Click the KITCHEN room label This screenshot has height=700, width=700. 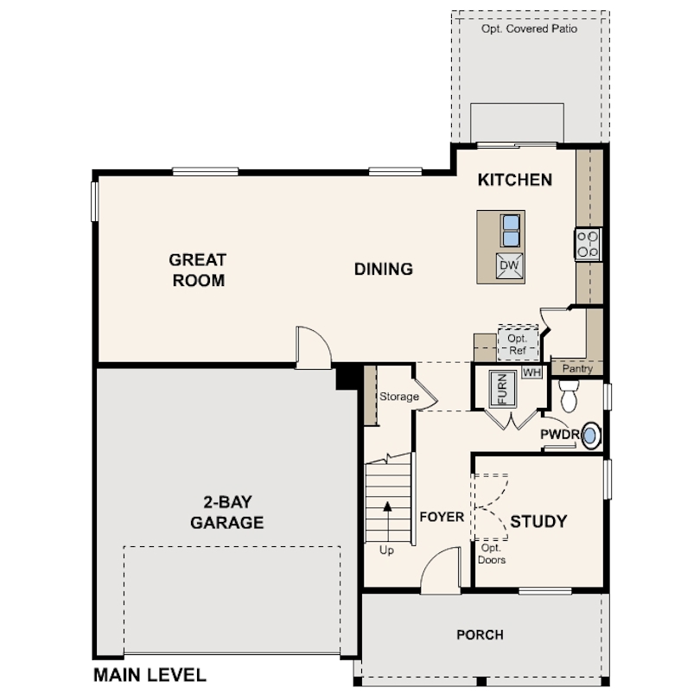point(515,180)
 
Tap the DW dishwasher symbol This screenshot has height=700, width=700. point(509,265)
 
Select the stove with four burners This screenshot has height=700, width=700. point(588,245)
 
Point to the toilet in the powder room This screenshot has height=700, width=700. point(569,396)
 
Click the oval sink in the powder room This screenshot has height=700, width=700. point(590,436)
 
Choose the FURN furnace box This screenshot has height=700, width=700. point(503,389)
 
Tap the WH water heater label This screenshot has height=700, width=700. point(531,372)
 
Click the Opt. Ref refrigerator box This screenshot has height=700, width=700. point(518,343)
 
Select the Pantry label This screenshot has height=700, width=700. point(577,368)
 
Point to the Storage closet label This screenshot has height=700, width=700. point(399,397)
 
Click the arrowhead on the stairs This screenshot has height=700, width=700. point(387,506)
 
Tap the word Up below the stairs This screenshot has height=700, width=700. point(386,550)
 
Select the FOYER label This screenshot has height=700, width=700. point(442,517)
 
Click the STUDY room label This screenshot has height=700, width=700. point(538,521)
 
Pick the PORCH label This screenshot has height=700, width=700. point(480,634)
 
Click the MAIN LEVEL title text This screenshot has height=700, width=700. point(150,675)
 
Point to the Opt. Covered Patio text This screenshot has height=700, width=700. point(529,29)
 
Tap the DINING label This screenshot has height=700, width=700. point(384,269)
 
